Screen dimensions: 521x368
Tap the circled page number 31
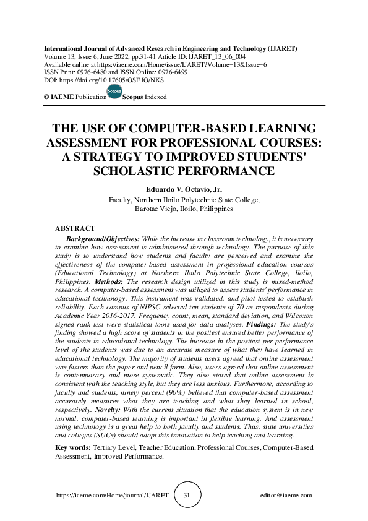186,495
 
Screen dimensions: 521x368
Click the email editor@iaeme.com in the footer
286,496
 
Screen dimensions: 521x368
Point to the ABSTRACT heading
75,229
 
